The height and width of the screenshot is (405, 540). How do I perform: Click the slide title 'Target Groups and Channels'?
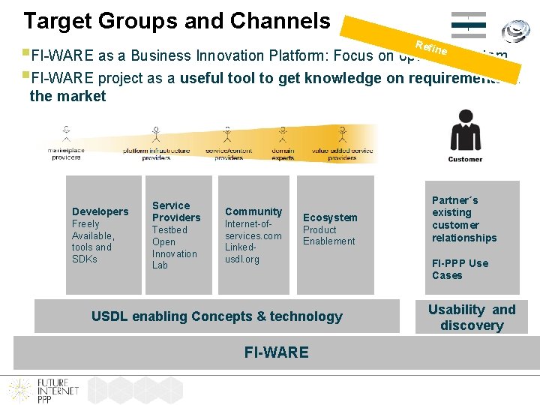177,21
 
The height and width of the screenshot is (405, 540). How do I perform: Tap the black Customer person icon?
465,131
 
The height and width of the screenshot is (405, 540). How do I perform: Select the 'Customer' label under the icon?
465,159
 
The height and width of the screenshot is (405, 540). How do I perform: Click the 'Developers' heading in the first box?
100,211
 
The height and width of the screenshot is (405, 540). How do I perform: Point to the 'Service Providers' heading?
176,211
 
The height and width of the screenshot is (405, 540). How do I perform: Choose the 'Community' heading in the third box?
253,211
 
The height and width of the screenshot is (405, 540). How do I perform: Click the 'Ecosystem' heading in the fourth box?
330,217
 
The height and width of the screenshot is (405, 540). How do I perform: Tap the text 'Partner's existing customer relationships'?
464,219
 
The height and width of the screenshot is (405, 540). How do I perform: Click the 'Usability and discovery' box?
472,317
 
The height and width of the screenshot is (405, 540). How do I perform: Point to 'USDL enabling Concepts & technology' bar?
217,316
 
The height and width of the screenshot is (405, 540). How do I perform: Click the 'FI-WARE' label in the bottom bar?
276,352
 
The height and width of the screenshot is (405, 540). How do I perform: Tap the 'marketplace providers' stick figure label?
66,153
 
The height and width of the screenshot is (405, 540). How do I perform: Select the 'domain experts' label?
283,153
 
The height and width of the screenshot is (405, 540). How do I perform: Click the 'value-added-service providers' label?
342,153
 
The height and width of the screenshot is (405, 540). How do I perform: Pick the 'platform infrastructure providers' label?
156,153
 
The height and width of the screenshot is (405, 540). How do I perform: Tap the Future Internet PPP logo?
37,388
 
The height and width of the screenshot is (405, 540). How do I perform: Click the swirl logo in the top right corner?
516,31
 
